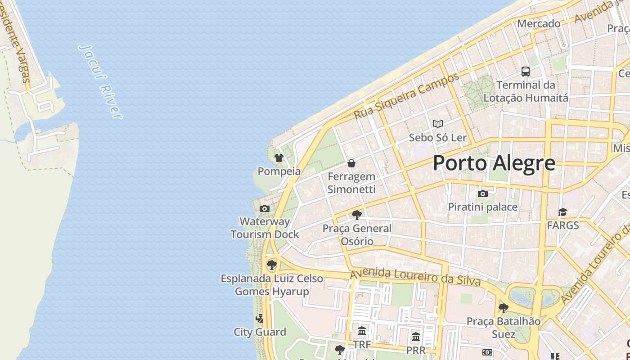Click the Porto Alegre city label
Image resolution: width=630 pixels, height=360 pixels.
click(494, 163)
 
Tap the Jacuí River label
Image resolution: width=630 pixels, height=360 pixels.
click(101, 81)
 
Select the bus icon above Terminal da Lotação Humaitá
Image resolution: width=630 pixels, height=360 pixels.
click(525, 71)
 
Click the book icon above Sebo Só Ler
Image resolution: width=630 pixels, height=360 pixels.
click(437, 124)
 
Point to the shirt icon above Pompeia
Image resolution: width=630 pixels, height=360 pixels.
click(279, 158)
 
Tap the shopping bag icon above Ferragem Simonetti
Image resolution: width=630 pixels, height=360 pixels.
click(351, 163)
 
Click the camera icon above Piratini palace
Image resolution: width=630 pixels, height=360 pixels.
click(483, 194)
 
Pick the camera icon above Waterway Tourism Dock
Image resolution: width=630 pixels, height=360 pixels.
click(265, 208)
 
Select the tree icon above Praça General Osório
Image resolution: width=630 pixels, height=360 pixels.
click(357, 215)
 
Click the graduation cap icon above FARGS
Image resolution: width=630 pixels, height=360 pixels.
click(562, 212)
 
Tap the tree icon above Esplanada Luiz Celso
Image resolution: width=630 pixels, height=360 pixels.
click(271, 265)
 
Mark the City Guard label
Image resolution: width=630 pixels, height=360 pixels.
click(260, 332)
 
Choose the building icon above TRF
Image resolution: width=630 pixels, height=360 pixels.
click(362, 332)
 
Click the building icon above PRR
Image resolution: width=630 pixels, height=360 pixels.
click(416, 337)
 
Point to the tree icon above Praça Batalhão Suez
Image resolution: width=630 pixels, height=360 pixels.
click(503, 308)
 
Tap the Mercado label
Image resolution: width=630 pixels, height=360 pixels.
click(539, 23)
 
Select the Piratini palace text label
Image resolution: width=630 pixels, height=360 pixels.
click(482, 207)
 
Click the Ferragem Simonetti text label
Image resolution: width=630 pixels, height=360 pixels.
click(351, 183)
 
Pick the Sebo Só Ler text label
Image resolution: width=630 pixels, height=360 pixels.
click(437, 137)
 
